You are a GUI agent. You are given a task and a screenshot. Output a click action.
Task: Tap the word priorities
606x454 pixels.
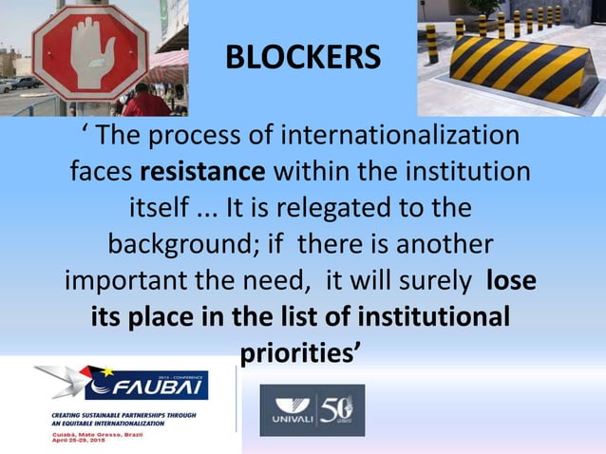click(298, 352)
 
